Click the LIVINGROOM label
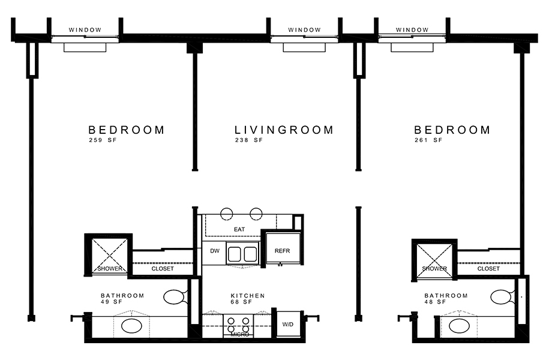(x=284, y=130)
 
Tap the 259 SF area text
(x=103, y=140)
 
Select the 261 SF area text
(x=428, y=140)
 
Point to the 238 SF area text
(x=248, y=140)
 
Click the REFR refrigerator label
(x=282, y=251)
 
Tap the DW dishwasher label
(x=215, y=251)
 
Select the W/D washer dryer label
(x=288, y=324)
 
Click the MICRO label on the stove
(x=240, y=335)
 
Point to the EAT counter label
(x=239, y=229)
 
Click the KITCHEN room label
(x=248, y=296)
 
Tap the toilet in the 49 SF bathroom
(x=174, y=297)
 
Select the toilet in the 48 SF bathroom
(x=501, y=297)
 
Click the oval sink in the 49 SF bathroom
(x=131, y=326)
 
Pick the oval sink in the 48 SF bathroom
(x=459, y=326)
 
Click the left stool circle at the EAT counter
(x=227, y=214)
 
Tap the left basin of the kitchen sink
(x=234, y=254)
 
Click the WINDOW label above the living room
(x=304, y=30)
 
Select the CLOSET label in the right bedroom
(x=488, y=269)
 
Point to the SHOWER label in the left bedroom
(x=110, y=269)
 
